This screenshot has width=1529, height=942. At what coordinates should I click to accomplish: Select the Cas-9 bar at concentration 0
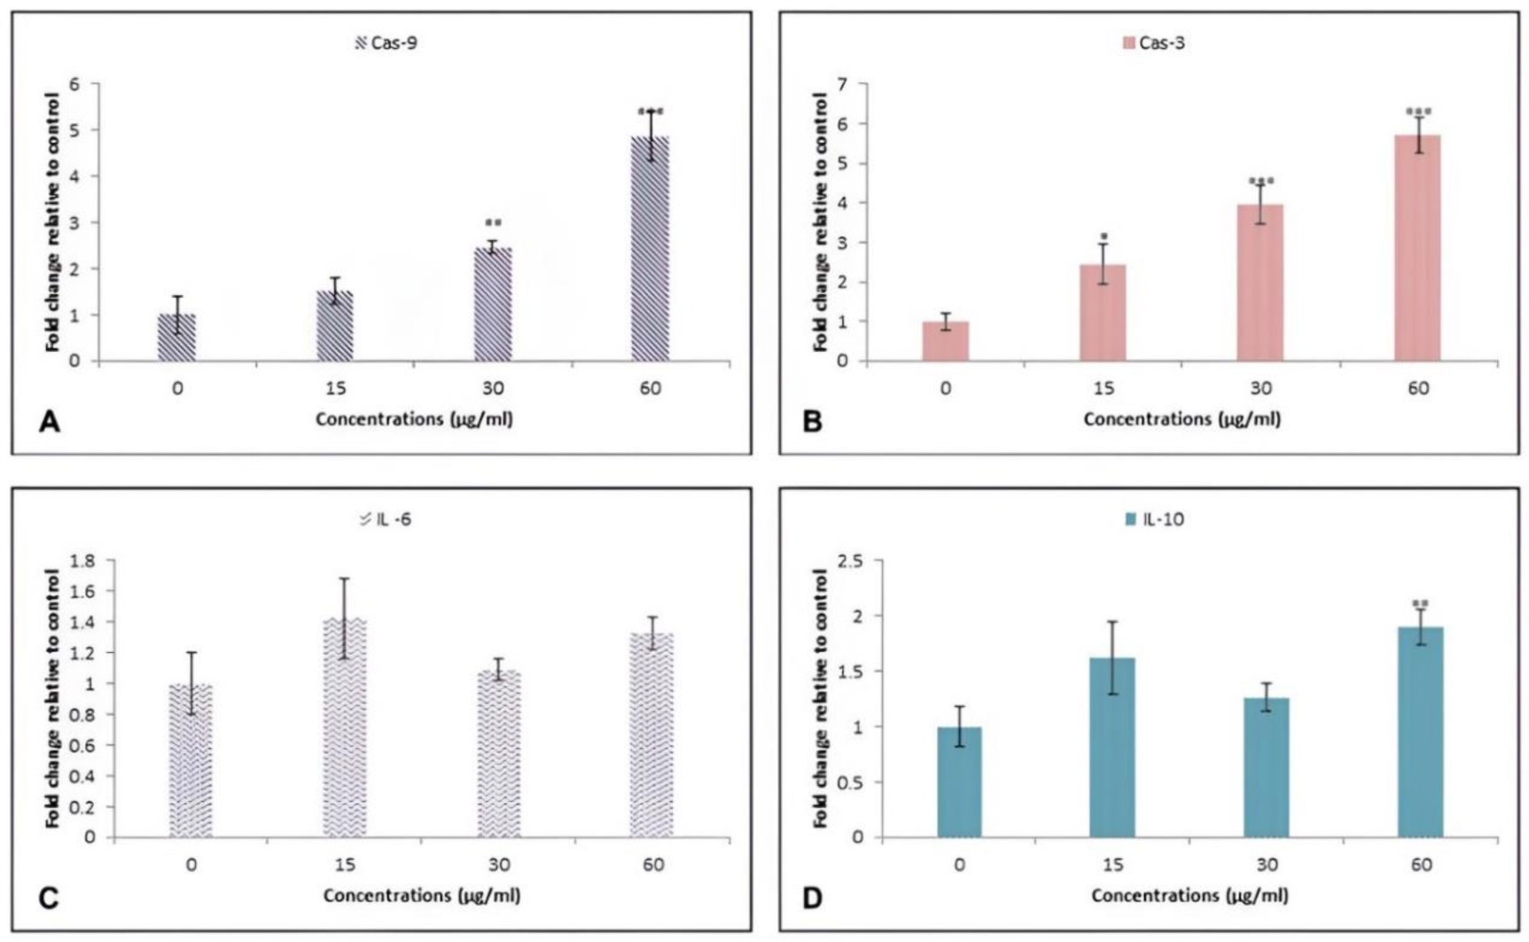coord(177,338)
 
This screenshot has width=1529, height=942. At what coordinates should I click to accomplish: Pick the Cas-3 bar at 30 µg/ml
coord(1260,283)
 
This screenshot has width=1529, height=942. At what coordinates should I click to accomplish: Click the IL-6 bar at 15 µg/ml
coord(345,728)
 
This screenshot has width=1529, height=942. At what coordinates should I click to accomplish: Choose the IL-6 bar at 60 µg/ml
coord(651,736)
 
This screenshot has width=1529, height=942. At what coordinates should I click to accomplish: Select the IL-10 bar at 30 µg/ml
coord(1266,767)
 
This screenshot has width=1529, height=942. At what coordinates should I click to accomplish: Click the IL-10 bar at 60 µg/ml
coord(1420,732)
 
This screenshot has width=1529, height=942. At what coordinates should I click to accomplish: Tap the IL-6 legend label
coord(394,519)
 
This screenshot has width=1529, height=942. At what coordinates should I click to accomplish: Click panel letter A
coord(50,422)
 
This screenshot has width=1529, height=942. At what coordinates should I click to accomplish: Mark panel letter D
coord(811,898)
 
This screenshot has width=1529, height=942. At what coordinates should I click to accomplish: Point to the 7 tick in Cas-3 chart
coord(841,85)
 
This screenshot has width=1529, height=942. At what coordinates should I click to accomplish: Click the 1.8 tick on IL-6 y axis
coord(82,561)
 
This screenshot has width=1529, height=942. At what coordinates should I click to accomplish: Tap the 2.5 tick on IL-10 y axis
coord(850,561)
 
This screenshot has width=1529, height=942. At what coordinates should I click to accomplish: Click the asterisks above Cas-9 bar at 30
coord(493,223)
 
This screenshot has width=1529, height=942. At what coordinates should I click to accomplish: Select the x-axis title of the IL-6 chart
coord(421,895)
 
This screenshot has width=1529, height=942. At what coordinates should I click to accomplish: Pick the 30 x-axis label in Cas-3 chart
coord(1260,389)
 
